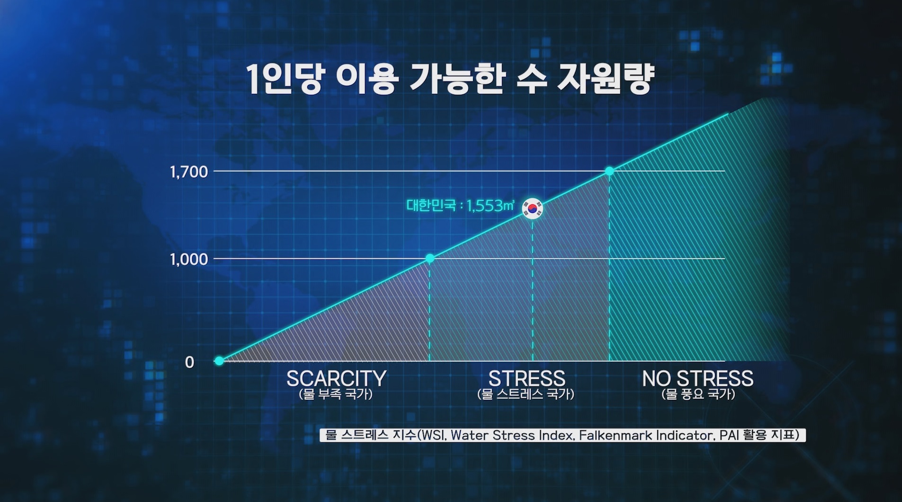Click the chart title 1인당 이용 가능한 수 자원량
(451, 79)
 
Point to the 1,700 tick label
(189, 172)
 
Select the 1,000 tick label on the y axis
(189, 259)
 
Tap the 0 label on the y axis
(189, 362)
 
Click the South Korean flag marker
(533, 208)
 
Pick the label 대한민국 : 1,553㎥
(460, 206)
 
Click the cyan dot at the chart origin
(219, 361)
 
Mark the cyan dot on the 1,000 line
(429, 258)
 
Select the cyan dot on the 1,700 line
(609, 171)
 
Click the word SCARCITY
(336, 379)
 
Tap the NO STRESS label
(697, 379)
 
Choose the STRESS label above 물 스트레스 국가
(527, 379)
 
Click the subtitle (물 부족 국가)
(336, 394)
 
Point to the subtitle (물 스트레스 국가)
(526, 394)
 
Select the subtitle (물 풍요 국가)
(698, 394)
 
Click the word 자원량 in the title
(606, 79)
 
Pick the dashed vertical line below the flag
(533, 290)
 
